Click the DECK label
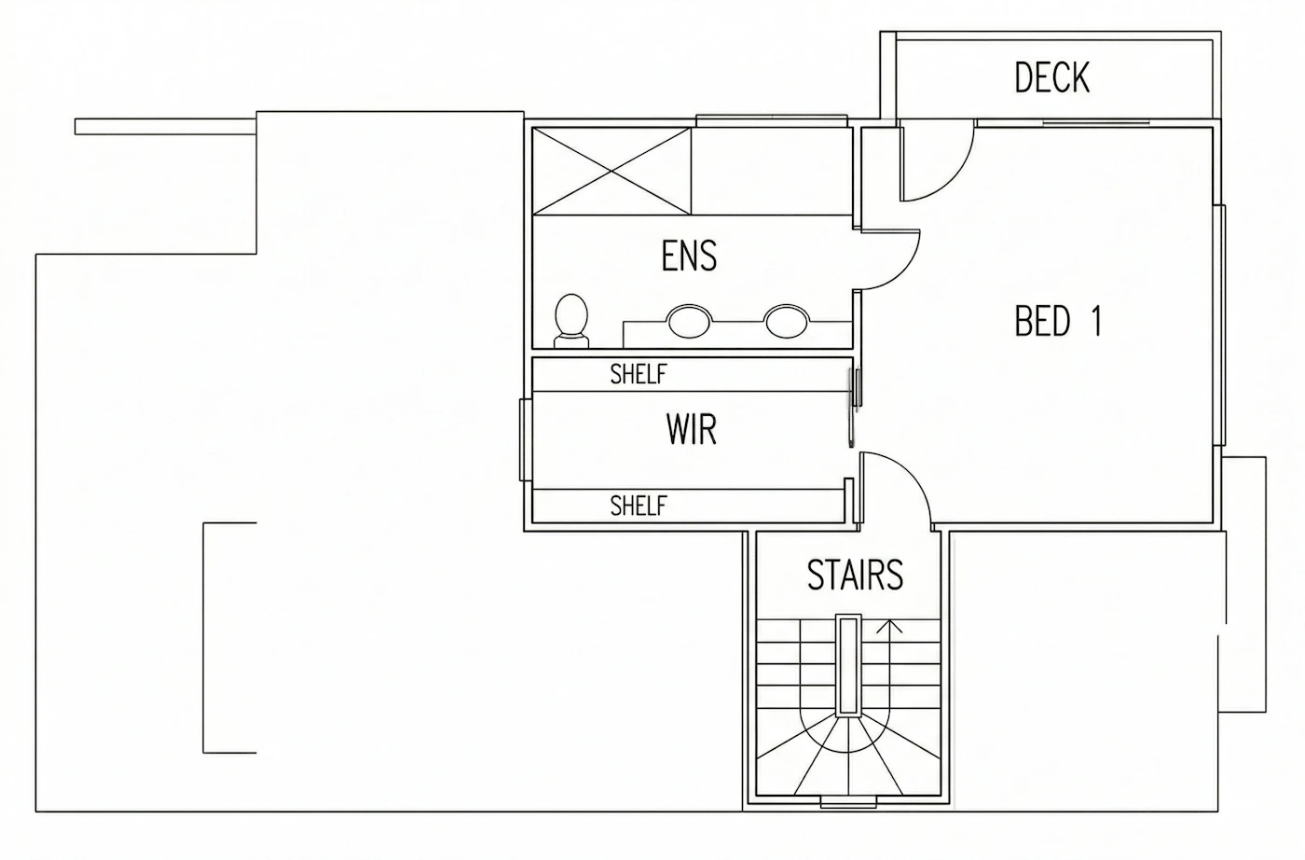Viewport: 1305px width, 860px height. (x=1051, y=77)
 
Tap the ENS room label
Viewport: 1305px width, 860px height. (x=689, y=257)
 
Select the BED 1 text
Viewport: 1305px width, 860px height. (x=1058, y=321)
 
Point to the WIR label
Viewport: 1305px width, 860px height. (x=692, y=429)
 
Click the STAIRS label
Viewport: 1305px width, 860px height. (x=856, y=575)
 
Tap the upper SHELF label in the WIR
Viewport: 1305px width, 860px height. (x=639, y=374)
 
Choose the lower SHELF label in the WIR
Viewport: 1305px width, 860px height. (x=639, y=506)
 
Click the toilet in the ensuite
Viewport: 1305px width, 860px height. (x=570, y=321)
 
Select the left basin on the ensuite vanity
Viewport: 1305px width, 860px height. (x=689, y=321)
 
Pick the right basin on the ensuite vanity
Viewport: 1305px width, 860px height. (x=786, y=321)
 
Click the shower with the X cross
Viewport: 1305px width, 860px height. (x=611, y=172)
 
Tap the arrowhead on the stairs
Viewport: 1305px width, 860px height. (x=889, y=626)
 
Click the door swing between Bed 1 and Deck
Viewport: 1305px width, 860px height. (x=954, y=178)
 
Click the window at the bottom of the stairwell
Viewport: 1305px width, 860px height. (x=848, y=802)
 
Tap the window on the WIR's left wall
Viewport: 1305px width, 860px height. (x=525, y=440)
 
